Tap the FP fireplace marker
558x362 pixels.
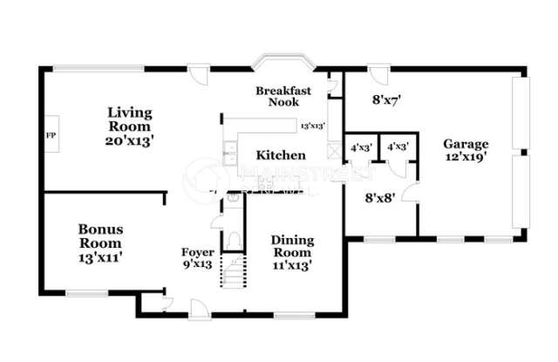point(50,135)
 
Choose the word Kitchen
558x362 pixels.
point(281,155)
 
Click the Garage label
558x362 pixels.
point(466,144)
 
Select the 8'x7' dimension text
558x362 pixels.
point(385,99)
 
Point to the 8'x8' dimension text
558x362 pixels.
point(381,197)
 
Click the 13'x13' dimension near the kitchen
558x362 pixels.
point(312,126)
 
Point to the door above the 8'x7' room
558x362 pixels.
point(377,75)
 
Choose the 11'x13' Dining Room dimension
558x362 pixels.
point(291,263)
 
